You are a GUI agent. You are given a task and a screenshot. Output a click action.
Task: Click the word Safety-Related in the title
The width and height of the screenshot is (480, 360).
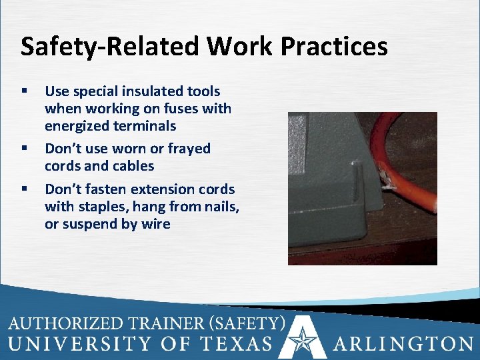point(109,47)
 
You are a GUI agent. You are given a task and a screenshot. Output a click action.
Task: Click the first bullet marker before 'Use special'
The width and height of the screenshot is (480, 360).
point(25,91)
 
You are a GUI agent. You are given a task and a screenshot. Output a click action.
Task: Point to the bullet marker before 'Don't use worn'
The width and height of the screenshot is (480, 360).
point(25,149)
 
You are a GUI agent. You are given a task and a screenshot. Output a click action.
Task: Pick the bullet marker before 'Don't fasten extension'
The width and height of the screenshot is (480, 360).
point(25,189)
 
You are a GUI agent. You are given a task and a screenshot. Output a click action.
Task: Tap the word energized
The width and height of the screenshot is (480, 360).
point(77,126)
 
